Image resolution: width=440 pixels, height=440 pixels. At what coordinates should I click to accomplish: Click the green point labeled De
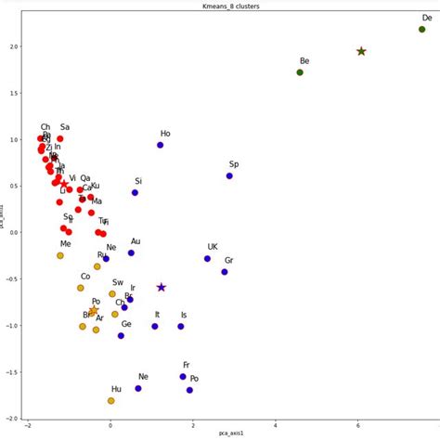pyautogui.click(x=422, y=29)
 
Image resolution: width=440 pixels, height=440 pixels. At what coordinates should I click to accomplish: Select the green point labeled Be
pyautogui.click(x=300, y=72)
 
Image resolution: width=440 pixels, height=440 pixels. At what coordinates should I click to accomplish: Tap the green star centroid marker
pyautogui.click(x=361, y=51)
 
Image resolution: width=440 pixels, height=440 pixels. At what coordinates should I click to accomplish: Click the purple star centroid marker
pyautogui.click(x=162, y=288)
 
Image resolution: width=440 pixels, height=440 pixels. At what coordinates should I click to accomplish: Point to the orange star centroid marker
pyautogui.click(x=94, y=310)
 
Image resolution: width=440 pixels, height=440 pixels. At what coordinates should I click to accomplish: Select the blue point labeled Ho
pyautogui.click(x=161, y=145)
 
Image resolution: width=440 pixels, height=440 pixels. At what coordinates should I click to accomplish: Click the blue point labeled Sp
pyautogui.click(x=229, y=175)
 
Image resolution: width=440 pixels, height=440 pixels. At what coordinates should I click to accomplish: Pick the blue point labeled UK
pyautogui.click(x=208, y=258)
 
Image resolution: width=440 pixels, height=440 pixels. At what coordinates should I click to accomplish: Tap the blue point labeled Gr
pyautogui.click(x=225, y=272)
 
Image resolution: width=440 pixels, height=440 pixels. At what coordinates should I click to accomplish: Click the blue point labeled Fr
pyautogui.click(x=183, y=376)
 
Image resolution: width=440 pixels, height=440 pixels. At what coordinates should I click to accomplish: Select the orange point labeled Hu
pyautogui.click(x=111, y=401)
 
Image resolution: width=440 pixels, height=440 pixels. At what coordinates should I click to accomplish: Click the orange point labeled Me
pyautogui.click(x=60, y=255)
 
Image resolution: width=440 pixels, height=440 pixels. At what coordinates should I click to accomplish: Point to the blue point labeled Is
pyautogui.click(x=181, y=327)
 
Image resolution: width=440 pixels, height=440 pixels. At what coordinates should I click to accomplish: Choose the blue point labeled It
pyautogui.click(x=155, y=327)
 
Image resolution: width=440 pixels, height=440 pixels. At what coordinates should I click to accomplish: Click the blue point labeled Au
pyautogui.click(x=132, y=252)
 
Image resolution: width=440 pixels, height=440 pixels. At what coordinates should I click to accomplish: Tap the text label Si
pyautogui.click(x=138, y=181)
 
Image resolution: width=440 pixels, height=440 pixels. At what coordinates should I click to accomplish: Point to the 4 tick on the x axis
pyautogui.click(x=276, y=426)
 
